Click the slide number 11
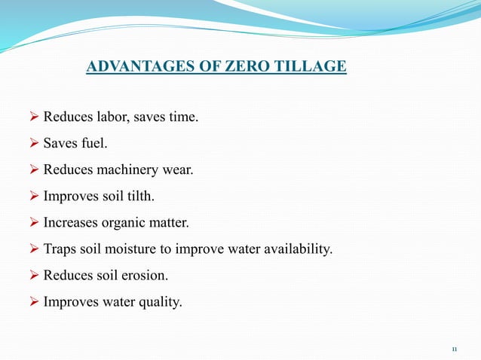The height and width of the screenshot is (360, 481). (455, 349)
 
